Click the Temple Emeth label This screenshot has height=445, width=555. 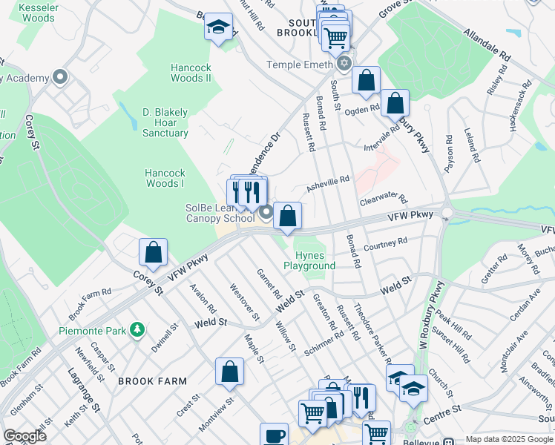click(x=300, y=65)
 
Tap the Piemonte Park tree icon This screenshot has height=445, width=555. click(x=137, y=329)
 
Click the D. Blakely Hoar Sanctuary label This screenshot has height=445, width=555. click(x=165, y=122)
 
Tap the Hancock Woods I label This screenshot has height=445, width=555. click(x=165, y=178)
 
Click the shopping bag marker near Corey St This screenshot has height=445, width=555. click(x=153, y=252)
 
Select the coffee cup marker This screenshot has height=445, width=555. click(x=274, y=435)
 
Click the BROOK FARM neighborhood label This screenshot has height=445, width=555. click(x=152, y=380)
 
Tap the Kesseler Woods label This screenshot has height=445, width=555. click(x=28, y=12)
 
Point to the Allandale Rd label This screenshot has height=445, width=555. click(x=487, y=45)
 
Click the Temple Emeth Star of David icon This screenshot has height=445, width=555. click(x=344, y=65)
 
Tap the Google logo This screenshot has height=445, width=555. click(x=25, y=436)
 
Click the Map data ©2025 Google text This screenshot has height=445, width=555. click(x=508, y=439)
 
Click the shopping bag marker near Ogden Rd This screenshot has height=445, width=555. click(x=395, y=103)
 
